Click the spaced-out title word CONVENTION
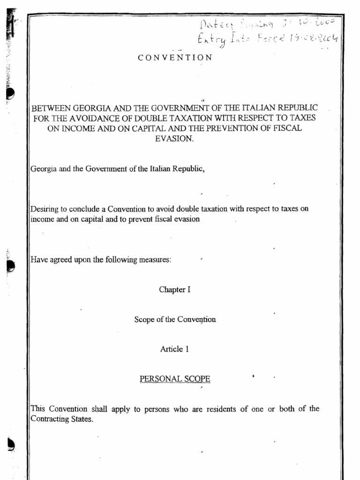[x=175, y=58]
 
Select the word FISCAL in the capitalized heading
[x=288, y=128]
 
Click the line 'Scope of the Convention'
[x=175, y=319]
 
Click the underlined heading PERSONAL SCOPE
[x=175, y=379]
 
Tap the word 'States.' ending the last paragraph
[x=82, y=419]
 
